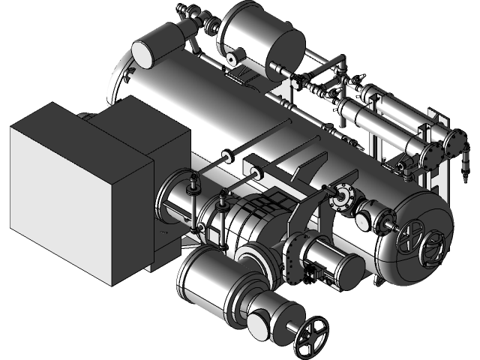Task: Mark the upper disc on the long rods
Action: click(226, 156)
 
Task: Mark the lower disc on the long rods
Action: click(257, 175)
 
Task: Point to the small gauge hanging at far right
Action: click(466, 159)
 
